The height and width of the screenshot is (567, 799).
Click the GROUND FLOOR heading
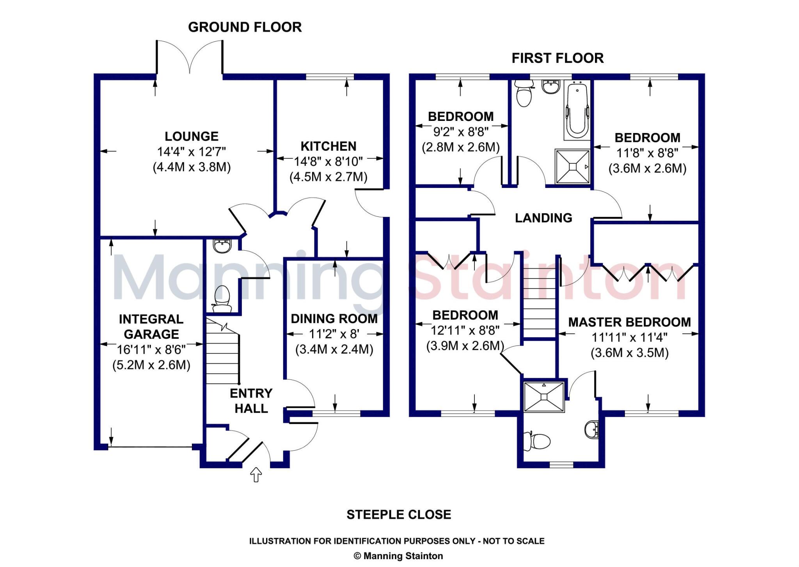click(245, 27)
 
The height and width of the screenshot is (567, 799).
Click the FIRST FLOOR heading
click(558, 58)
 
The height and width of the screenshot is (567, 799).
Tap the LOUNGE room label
click(192, 136)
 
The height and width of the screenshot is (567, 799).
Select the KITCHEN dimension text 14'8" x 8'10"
click(328, 161)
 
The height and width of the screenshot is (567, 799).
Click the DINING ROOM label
click(334, 319)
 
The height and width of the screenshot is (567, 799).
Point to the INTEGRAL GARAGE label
click(151, 326)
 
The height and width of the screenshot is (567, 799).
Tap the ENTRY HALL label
click(251, 400)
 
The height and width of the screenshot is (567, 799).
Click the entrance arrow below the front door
click(256, 475)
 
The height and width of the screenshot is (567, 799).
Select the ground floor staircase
click(222, 351)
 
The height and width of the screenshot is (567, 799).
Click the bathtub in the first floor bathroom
click(577, 111)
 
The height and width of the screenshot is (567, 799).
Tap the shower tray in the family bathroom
click(572, 167)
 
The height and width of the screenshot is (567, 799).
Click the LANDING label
click(543, 218)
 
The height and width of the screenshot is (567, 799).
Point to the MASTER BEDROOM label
click(629, 322)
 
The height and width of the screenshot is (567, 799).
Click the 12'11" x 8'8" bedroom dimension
click(465, 331)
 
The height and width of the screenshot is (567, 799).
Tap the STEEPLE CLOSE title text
click(399, 515)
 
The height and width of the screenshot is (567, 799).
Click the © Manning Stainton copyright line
click(398, 556)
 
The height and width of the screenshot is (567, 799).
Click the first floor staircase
click(539, 303)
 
